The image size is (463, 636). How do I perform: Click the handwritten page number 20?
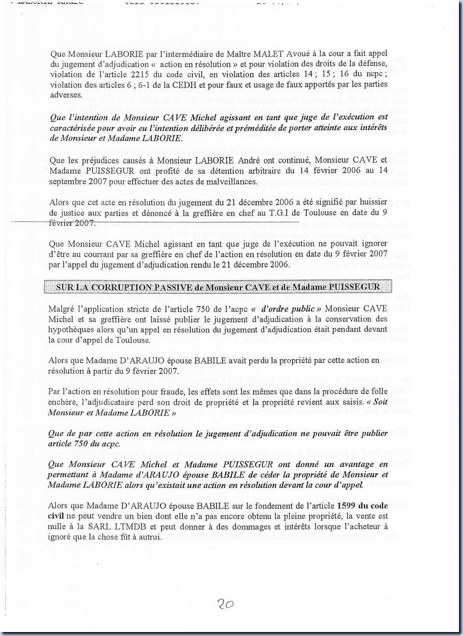(225, 604)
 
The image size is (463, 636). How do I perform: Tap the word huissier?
(373, 202)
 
